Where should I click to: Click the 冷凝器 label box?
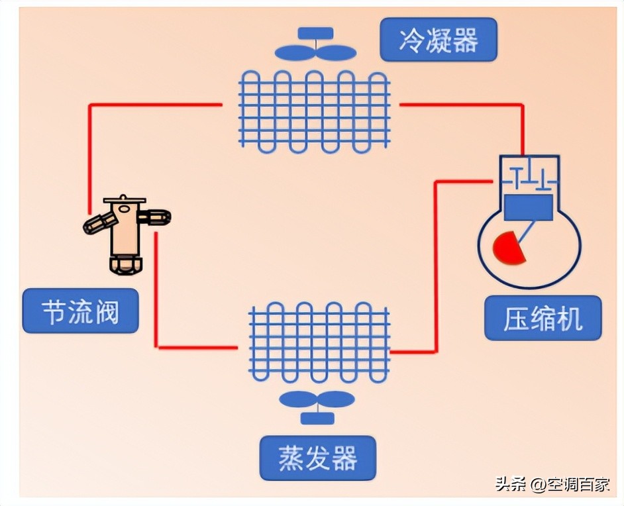[x=438, y=40]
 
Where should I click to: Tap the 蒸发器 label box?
[x=317, y=458]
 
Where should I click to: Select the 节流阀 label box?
[x=80, y=311]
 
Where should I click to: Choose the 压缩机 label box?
[x=543, y=319]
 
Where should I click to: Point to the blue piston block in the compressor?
[x=528, y=208]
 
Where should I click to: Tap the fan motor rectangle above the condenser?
[x=315, y=33]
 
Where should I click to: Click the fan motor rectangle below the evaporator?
[x=317, y=419]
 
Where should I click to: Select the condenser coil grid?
[x=314, y=111]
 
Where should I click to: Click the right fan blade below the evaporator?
[x=337, y=399]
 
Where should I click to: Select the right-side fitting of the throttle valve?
[x=156, y=217]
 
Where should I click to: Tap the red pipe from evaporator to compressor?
[x=435, y=265]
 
